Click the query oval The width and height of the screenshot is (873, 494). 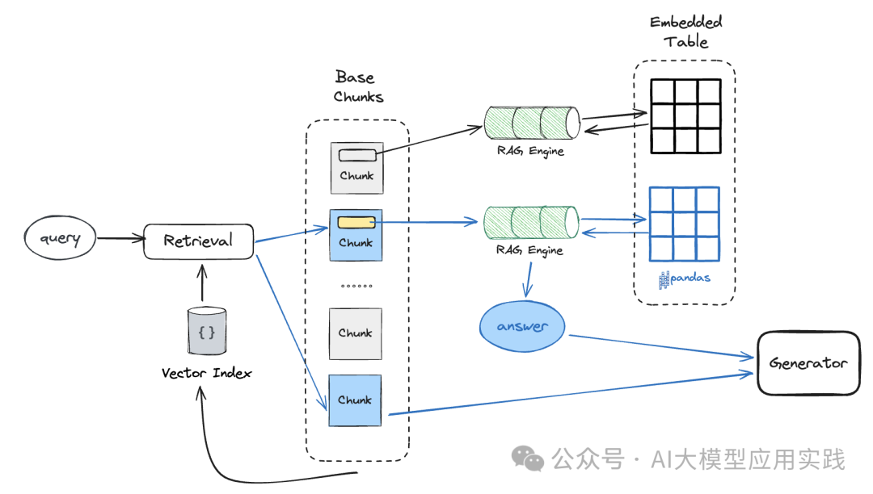(61, 238)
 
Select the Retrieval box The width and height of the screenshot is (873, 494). (198, 241)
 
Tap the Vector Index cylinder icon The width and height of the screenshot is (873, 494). (206, 331)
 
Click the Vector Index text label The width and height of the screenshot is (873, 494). (206, 373)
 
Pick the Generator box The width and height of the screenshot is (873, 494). (808, 363)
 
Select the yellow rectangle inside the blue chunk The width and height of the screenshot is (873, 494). (356, 222)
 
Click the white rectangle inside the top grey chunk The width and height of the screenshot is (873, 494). (356, 154)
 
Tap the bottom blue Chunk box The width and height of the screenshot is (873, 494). (355, 400)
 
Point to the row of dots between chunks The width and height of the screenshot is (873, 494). (356, 287)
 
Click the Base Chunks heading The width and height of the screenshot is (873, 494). (356, 87)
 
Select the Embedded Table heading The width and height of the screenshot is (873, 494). (686, 31)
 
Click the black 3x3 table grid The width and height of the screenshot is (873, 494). (685, 115)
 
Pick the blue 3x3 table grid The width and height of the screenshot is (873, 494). (685, 224)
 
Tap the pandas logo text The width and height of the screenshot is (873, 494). (685, 278)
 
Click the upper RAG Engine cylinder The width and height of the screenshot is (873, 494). (532, 123)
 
